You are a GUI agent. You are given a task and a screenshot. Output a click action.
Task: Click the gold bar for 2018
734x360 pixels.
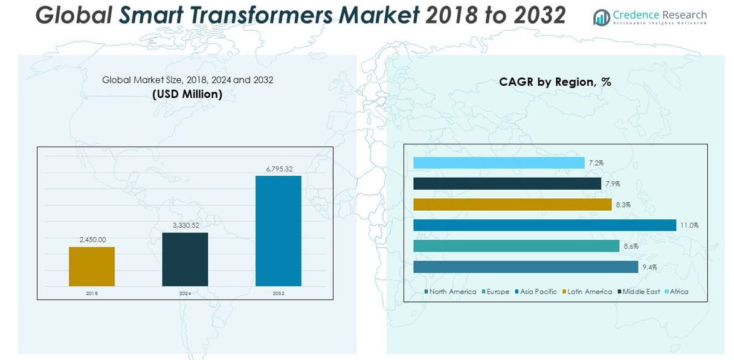92,266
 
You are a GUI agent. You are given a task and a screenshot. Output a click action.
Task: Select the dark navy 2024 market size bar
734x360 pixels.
185,259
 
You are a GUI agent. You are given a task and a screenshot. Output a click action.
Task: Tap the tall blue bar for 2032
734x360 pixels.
278,231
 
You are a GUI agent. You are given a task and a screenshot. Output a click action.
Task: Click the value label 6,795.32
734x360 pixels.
278,169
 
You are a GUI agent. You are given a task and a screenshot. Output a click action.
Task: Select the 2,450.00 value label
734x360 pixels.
92,240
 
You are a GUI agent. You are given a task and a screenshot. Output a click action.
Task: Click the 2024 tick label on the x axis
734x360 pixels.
185,293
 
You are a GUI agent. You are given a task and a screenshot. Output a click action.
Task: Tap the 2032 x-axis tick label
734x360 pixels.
278,293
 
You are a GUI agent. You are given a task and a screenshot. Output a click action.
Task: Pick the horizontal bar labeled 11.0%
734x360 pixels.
544,225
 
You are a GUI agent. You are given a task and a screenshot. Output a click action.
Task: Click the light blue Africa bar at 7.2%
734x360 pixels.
499,163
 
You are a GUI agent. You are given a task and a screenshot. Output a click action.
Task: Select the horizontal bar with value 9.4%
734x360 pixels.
526,267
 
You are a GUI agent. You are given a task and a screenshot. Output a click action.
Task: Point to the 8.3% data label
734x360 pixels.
623,205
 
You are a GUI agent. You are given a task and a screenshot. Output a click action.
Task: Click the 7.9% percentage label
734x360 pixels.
613,184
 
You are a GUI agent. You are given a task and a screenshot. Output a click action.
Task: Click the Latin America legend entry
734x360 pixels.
587,292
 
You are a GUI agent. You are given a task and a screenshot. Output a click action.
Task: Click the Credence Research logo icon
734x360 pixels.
601,18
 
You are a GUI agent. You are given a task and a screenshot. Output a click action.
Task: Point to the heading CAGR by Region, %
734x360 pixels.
555,82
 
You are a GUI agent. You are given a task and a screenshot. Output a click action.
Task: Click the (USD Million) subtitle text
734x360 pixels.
187,94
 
